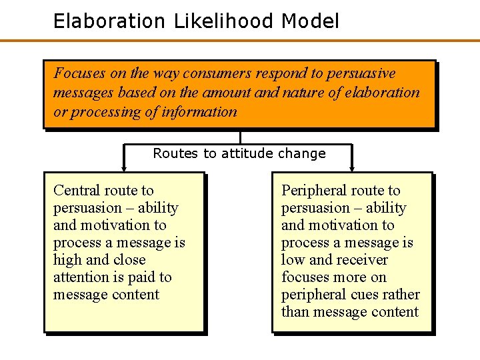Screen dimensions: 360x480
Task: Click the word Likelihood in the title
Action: click(x=224, y=21)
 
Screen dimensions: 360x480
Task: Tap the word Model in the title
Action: click(x=311, y=21)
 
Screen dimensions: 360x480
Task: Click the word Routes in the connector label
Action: click(x=176, y=153)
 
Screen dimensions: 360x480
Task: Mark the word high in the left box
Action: click(x=68, y=260)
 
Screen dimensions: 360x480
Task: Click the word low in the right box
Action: click(x=293, y=260)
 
